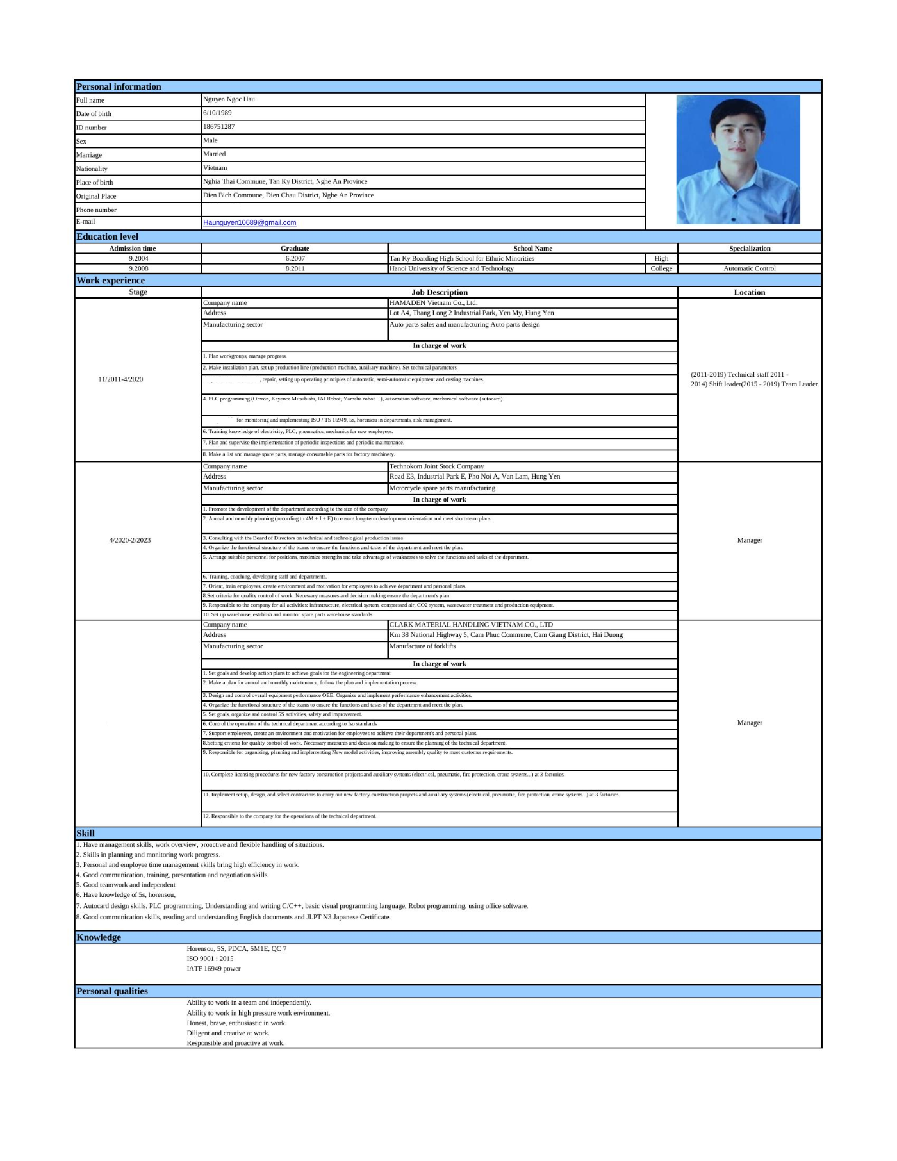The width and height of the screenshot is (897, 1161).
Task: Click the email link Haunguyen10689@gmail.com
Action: point(249,223)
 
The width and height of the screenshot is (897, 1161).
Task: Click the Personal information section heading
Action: point(119,86)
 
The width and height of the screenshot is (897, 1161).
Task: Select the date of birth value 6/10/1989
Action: point(217,113)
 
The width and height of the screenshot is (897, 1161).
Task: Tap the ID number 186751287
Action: point(218,127)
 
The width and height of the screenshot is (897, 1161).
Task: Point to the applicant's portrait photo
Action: point(737,160)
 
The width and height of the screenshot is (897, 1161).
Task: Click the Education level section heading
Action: point(107,236)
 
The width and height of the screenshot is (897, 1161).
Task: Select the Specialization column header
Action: point(749,249)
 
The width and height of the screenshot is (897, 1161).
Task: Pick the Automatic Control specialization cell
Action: point(749,268)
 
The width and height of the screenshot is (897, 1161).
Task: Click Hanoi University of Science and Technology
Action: point(451,268)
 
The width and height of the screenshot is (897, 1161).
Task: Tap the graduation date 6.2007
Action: point(295,259)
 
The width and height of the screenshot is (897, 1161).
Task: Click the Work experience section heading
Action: point(110,280)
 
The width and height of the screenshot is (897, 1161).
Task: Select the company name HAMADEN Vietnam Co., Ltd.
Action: point(433,303)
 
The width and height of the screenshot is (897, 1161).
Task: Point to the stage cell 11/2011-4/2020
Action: point(120,379)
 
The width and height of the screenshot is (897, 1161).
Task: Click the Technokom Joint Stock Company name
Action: point(436,466)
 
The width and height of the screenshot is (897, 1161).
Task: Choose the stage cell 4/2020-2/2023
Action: point(130,540)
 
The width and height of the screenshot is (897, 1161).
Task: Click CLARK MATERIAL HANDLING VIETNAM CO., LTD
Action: point(471,625)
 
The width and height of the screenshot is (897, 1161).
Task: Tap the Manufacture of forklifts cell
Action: point(422,646)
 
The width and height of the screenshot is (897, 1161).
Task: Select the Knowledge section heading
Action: point(99,937)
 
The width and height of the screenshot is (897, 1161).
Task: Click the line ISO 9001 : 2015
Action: point(210,959)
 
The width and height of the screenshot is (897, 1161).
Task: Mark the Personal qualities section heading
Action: point(112,991)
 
